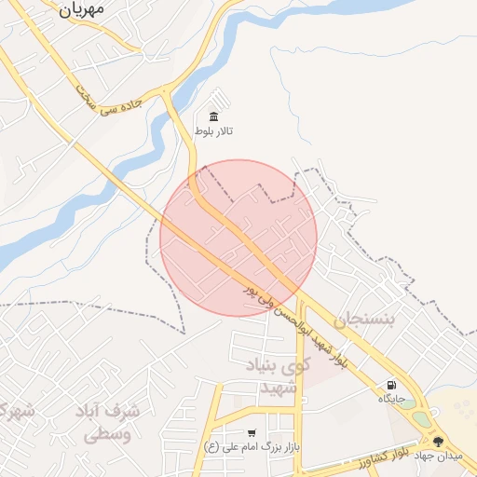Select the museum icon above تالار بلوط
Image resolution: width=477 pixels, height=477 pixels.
[x=214, y=116]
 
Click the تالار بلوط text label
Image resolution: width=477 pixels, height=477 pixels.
[x=214, y=131]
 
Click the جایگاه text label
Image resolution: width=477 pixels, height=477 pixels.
[x=390, y=399]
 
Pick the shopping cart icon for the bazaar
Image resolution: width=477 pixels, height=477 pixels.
[x=252, y=433]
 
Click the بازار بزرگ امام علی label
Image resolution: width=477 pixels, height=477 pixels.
[x=251, y=447]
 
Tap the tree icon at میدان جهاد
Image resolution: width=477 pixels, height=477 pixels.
[x=438, y=442]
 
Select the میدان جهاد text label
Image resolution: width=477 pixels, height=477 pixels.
[x=438, y=457]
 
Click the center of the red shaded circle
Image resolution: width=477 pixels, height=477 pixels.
[x=238, y=238]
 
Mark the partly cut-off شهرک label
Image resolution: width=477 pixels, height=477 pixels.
[x=14, y=411]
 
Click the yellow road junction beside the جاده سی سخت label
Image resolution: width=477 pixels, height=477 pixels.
[x=167, y=92]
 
